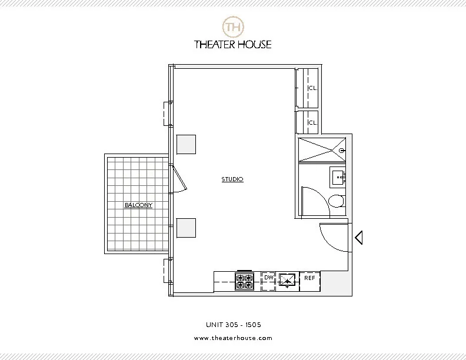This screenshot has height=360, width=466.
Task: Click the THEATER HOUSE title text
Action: click(x=233, y=44)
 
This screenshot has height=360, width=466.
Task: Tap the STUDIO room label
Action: click(x=232, y=179)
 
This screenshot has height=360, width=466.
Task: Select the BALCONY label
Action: click(x=138, y=205)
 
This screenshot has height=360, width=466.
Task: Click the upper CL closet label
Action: click(x=312, y=88)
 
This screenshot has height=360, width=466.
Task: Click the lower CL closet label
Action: click(x=312, y=122)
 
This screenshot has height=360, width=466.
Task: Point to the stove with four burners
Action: click(x=244, y=281)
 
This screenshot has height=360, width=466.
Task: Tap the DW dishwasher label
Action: click(x=268, y=277)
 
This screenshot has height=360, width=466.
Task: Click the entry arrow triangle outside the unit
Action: click(x=358, y=238)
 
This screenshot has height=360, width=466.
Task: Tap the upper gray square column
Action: click(x=187, y=144)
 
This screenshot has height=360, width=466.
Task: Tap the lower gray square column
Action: click(x=187, y=227)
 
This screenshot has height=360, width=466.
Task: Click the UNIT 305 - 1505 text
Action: click(x=233, y=324)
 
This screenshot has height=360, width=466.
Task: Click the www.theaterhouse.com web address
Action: click(x=233, y=338)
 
